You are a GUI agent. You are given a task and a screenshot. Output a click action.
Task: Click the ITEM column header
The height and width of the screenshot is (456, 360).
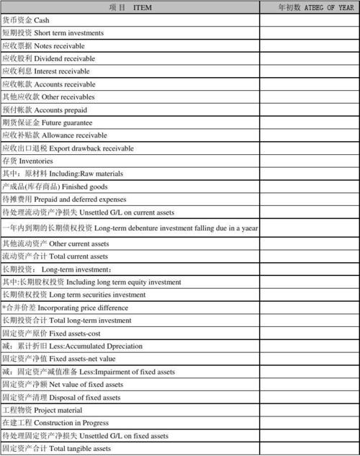tap(130, 7)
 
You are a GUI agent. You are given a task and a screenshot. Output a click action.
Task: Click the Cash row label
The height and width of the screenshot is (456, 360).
tap(26, 20)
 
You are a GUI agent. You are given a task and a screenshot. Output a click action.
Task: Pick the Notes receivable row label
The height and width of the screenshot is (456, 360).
tap(43, 45)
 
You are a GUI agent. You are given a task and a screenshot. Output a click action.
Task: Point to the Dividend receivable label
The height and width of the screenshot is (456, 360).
tap(48, 58)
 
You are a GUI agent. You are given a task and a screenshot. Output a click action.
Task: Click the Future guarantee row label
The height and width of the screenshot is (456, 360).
tap(47, 122)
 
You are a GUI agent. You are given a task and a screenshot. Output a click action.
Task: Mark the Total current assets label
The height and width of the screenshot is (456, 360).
tap(55, 256)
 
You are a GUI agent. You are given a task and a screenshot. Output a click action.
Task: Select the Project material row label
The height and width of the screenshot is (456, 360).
tap(42, 410)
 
